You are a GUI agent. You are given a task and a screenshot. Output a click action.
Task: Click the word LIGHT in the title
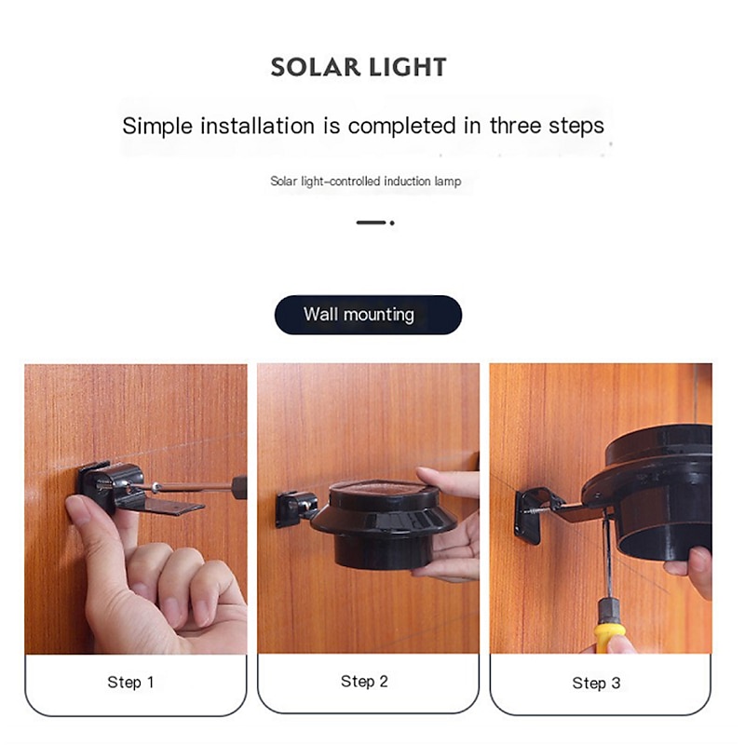tap(408, 67)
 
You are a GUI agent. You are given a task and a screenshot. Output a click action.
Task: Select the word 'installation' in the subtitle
tap(257, 126)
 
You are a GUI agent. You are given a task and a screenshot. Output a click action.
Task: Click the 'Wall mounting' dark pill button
tap(368, 315)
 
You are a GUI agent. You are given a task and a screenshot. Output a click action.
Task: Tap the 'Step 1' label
tap(130, 683)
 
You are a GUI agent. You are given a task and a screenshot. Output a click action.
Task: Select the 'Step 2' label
tap(364, 682)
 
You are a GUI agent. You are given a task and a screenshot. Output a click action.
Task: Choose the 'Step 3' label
tap(596, 684)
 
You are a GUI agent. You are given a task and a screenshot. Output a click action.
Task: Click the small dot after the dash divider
tap(392, 223)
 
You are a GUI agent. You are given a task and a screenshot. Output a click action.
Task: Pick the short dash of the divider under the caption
tap(371, 223)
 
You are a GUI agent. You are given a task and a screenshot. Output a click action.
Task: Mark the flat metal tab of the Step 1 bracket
tap(174, 505)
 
